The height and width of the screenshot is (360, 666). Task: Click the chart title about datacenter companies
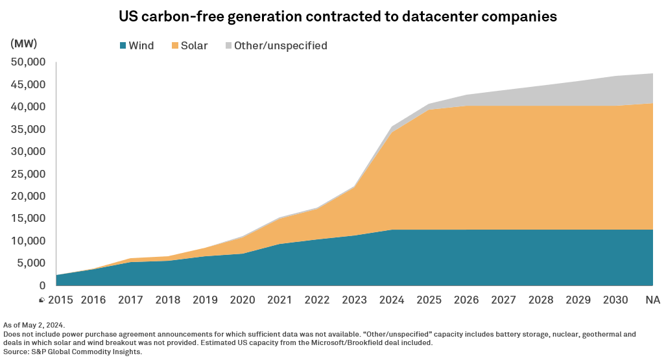click(337, 17)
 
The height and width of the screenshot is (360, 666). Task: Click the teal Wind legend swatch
click(122, 46)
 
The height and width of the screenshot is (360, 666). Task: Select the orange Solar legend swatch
click(174, 46)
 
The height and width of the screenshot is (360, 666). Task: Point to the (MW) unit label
click(24, 44)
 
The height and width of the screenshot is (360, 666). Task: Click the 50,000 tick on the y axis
click(29, 62)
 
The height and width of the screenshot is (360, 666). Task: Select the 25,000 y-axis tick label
click(29, 174)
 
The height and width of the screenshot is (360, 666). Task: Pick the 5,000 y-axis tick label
click(32, 263)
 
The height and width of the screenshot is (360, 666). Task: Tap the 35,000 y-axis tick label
click(29, 129)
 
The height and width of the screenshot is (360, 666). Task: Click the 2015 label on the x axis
click(60, 300)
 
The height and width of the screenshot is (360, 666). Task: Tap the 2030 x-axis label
click(616, 300)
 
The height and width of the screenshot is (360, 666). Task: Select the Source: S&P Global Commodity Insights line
click(73, 352)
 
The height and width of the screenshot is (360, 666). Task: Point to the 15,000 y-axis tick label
click(29, 219)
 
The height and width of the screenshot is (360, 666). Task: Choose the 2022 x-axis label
click(316, 300)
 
